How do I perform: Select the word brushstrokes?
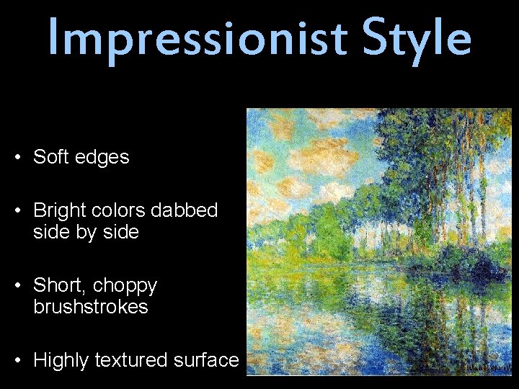(91, 308)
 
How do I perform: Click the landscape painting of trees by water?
(378, 241)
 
